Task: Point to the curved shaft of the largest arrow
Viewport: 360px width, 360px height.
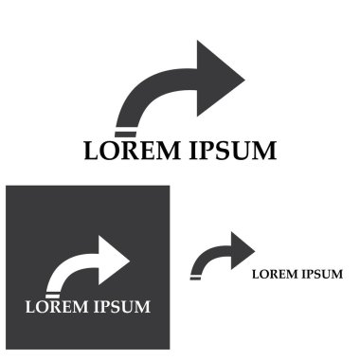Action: (x=152, y=95)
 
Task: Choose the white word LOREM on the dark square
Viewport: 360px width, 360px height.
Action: (x=56, y=306)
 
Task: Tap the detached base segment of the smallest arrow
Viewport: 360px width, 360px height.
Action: (x=195, y=278)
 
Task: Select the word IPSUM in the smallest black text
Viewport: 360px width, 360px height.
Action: (x=321, y=275)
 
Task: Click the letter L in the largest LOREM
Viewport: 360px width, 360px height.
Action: (x=92, y=151)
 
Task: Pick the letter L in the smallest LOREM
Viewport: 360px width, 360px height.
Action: (x=255, y=275)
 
